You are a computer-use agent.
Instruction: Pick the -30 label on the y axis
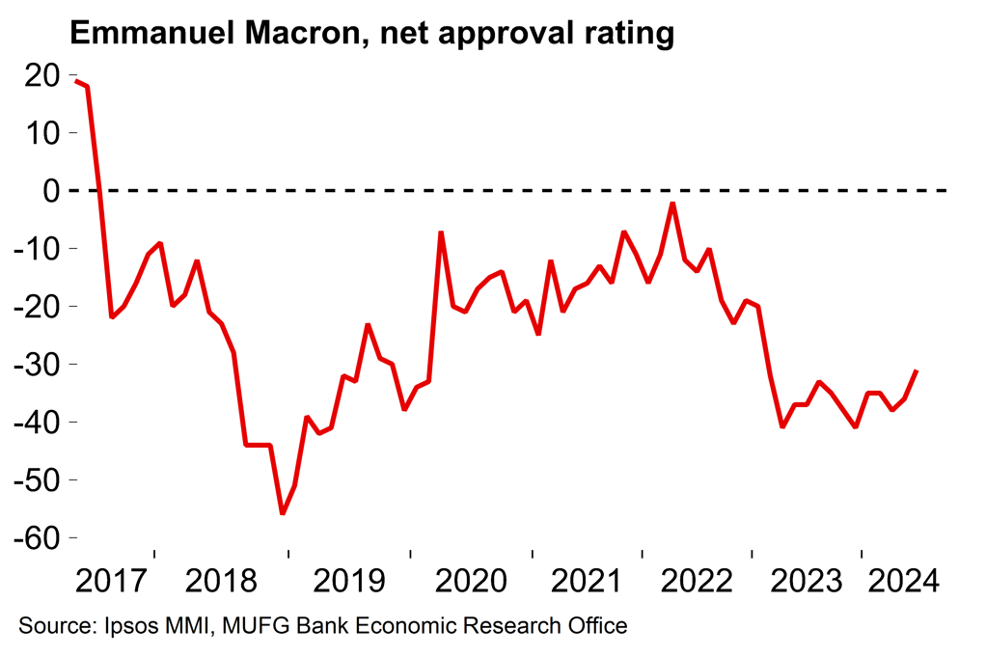click(x=34, y=365)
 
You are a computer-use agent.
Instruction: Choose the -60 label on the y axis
click(x=34, y=537)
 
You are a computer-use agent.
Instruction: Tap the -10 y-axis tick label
click(x=34, y=249)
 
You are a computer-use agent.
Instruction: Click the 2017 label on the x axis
click(x=111, y=582)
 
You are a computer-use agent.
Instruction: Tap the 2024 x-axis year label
click(x=903, y=582)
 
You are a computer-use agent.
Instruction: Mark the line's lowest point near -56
click(x=283, y=513)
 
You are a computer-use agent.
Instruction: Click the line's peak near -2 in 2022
click(x=672, y=204)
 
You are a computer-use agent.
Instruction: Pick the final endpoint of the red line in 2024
click(x=916, y=370)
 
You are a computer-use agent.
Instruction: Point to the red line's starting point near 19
click(x=76, y=81)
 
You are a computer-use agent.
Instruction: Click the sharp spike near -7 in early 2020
click(x=441, y=233)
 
